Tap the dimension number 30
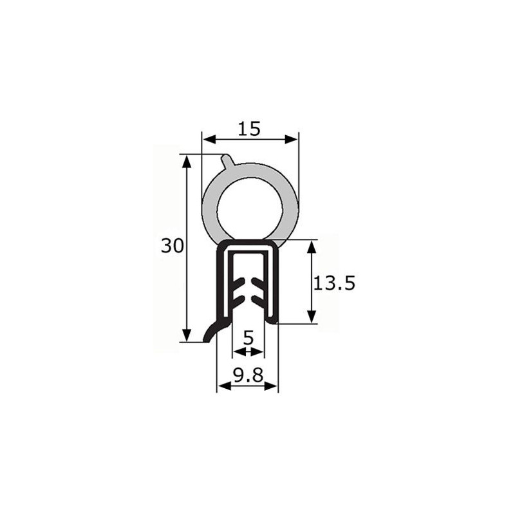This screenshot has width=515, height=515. (172, 246)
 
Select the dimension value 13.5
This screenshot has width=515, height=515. (334, 283)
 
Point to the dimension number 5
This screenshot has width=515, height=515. (248, 337)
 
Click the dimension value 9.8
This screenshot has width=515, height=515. (248, 375)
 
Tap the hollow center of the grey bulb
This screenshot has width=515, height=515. (250, 210)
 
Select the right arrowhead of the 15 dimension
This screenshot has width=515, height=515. (292, 139)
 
